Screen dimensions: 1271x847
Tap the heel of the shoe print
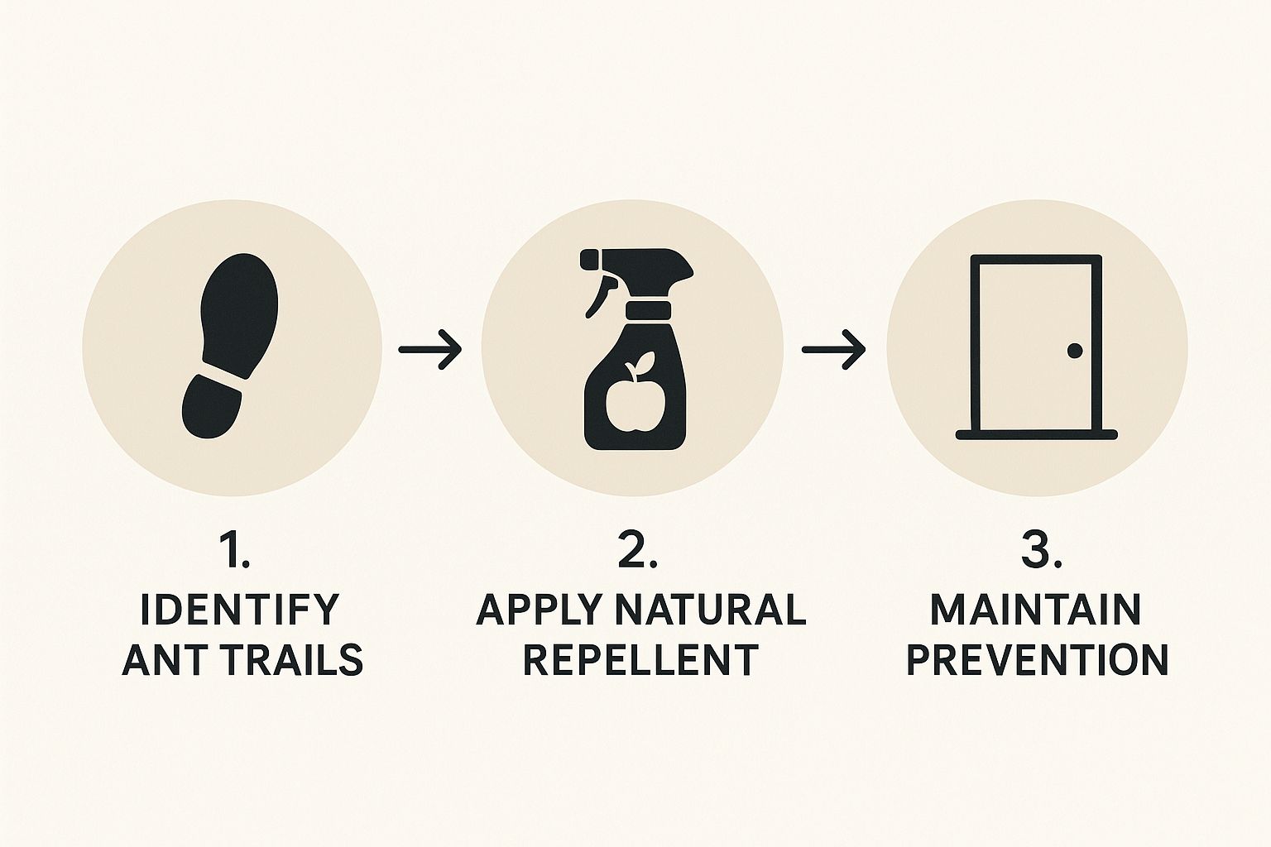pyautogui.click(x=211, y=406)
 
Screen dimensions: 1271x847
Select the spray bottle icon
pyautogui.click(x=635, y=349)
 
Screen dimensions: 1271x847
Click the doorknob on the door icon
pyautogui.click(x=1075, y=352)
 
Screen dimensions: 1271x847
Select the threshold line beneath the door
pyautogui.click(x=1036, y=434)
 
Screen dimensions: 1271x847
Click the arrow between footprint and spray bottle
pyautogui.click(x=429, y=349)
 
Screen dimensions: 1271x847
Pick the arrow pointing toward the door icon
pyautogui.click(x=833, y=349)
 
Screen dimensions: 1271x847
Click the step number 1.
pyautogui.click(x=234, y=550)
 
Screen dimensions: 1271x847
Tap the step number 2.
pyautogui.click(x=636, y=550)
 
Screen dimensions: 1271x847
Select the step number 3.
pyautogui.click(x=1041, y=550)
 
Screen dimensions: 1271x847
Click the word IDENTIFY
pyautogui.click(x=238, y=610)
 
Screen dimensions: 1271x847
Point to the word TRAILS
pyautogui.click(x=298, y=659)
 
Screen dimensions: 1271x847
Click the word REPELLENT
pyautogui.click(x=640, y=659)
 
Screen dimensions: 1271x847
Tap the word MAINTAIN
pyautogui.click(x=1035, y=610)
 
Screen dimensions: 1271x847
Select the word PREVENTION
pyautogui.click(x=1037, y=659)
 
